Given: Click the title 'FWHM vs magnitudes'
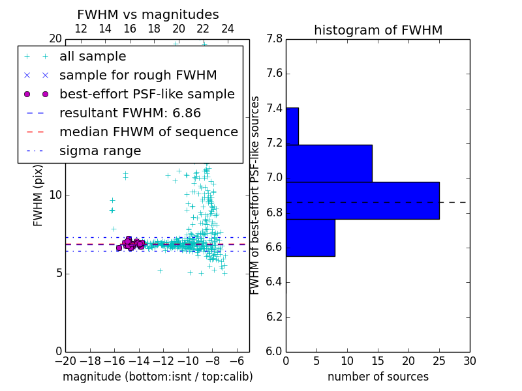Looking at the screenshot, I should tap(148, 15).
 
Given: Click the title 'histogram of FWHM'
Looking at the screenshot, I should tap(378, 31).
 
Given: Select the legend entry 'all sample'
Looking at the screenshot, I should tap(93, 57).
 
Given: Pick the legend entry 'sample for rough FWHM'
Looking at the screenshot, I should tap(138, 75).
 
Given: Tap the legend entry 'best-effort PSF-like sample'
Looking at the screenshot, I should tap(147, 94).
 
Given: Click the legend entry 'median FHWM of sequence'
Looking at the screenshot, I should tap(148, 132).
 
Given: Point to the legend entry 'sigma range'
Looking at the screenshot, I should tap(100, 151).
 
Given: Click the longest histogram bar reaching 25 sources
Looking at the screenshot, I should tap(362, 201).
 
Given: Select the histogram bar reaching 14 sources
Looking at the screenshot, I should tap(329, 163).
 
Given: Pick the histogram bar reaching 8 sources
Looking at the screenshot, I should tap(310, 238).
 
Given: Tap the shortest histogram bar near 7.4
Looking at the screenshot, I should tap(292, 126).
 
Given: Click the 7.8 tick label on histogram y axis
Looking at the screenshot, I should tap(273, 38).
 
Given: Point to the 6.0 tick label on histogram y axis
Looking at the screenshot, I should tap(273, 351).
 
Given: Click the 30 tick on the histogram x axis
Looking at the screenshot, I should tap(469, 360).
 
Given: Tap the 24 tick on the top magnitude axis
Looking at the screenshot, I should tap(228, 29).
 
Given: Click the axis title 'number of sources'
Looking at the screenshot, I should tap(378, 377).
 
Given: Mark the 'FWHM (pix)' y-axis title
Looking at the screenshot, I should tap(38, 195).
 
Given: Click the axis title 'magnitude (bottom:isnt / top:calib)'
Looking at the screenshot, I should tap(157, 377).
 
